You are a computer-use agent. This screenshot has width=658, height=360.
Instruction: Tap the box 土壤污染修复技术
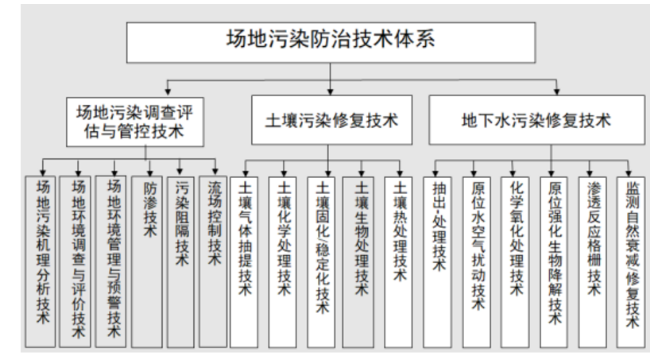(x=329, y=120)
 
